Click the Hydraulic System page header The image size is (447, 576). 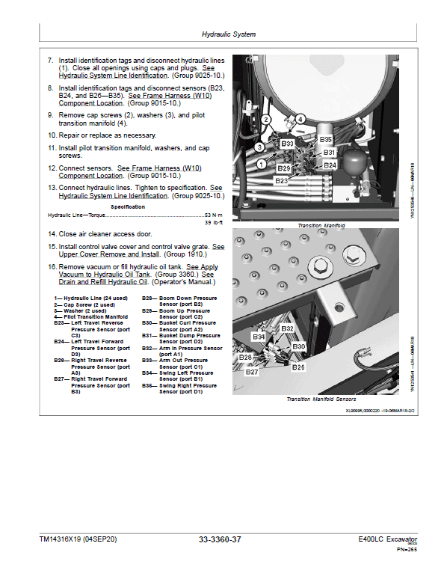coord(229,34)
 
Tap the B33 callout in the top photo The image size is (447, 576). coord(287,141)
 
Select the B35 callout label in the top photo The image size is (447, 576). coord(325,139)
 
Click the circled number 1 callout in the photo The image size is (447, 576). coord(261,163)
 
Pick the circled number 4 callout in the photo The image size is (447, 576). coord(300,118)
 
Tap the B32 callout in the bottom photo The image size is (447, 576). coord(289,328)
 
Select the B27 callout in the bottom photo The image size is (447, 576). coord(252,371)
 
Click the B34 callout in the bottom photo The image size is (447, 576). coord(259,337)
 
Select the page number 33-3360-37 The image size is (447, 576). coord(220,539)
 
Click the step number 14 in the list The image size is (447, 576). coord(52,234)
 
